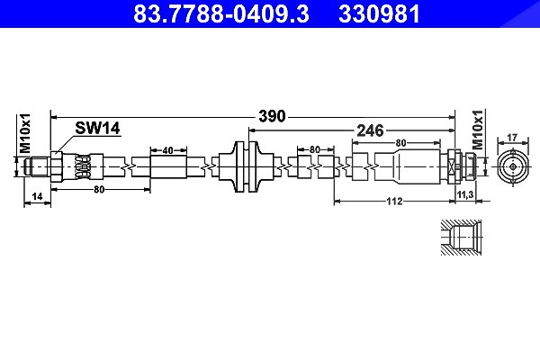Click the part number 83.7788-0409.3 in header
[x=221, y=13]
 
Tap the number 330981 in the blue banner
[x=379, y=13]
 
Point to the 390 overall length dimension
[x=272, y=116]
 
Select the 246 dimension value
[x=370, y=130]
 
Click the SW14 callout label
[x=97, y=128]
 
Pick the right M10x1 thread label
[x=477, y=130]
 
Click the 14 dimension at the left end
[x=37, y=196]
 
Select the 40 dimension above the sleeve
[x=167, y=150]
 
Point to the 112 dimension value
[x=394, y=202]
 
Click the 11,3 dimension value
[x=465, y=195]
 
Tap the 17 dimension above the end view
[x=512, y=138]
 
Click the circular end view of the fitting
[x=513, y=167]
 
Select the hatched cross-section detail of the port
[x=461, y=238]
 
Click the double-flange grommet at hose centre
[x=247, y=166]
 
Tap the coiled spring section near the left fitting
[x=83, y=166]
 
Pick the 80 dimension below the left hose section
[x=99, y=190]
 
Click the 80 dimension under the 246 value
[x=400, y=142]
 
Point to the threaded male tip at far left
[x=37, y=166]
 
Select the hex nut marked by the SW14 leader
[x=57, y=166]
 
